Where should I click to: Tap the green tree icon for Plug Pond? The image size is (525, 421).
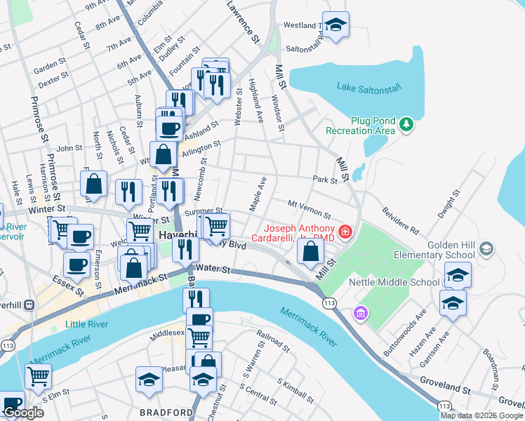coord(406,125)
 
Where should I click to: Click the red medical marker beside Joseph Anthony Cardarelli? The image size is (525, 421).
coord(345,231)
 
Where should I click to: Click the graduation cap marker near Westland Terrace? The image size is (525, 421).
coord(335,25)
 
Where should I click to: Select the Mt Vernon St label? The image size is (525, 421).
coord(310,208)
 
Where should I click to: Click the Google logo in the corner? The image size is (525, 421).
coord(23,413)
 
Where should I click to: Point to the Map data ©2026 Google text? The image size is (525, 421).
coord(481,415)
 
